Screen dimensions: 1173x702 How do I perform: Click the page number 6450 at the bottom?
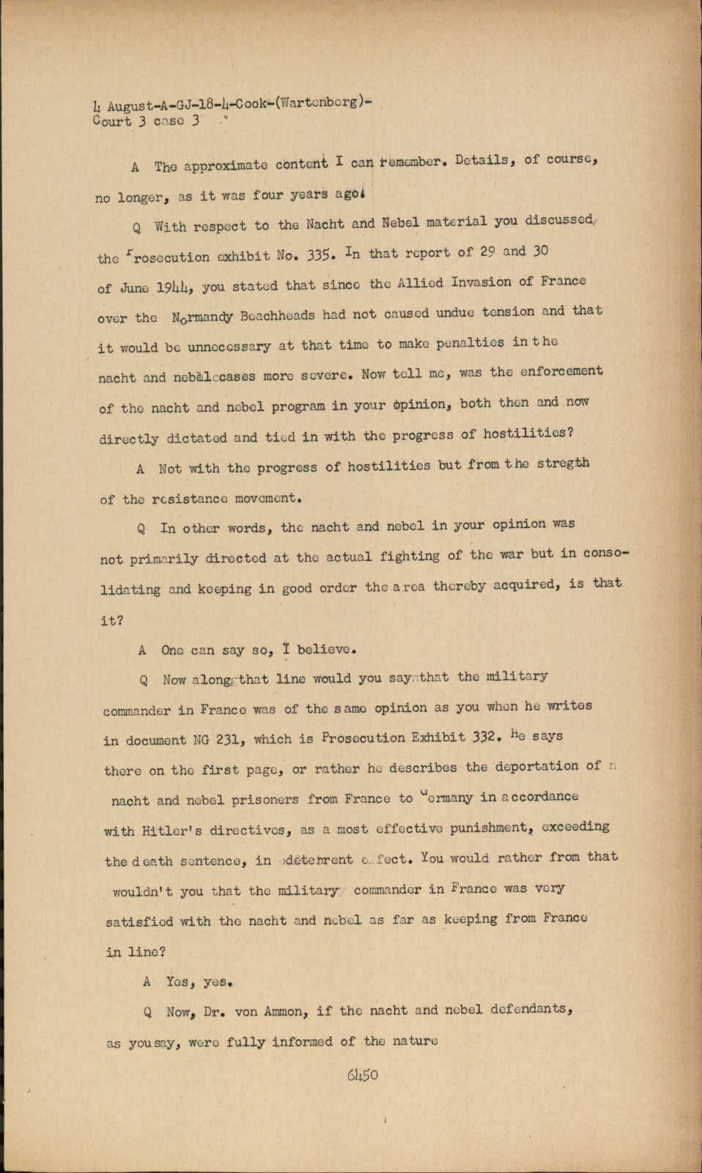(x=363, y=1075)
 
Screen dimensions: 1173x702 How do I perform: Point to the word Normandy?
(x=203, y=317)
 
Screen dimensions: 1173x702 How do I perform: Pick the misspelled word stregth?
(x=564, y=463)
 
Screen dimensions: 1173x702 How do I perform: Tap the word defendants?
(x=527, y=1009)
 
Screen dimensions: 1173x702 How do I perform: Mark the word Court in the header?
(x=112, y=121)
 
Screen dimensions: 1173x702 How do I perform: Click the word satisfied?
(x=139, y=922)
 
